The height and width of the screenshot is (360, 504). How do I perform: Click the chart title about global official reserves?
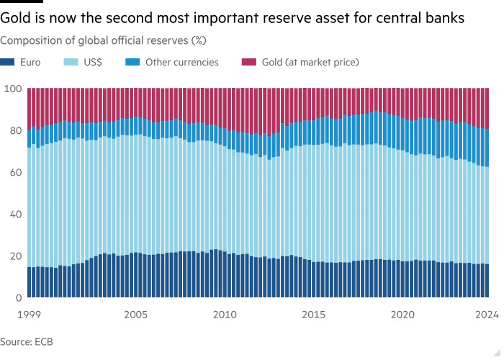point(104,40)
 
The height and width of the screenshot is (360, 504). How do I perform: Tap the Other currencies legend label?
point(181,63)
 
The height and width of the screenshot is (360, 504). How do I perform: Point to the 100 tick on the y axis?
point(13,89)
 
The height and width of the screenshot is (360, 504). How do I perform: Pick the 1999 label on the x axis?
point(28,315)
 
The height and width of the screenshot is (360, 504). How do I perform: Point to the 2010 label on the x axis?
point(225,315)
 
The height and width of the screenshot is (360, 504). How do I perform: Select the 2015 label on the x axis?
point(313,315)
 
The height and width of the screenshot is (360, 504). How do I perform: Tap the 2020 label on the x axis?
point(402,315)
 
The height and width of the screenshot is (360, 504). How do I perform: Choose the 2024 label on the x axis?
point(487,315)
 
